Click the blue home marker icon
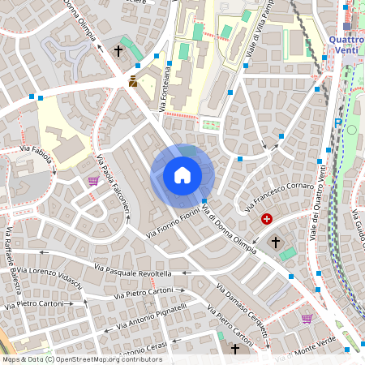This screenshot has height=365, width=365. pyautogui.click(x=182, y=174)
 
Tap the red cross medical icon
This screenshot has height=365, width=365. pyautogui.click(x=266, y=218)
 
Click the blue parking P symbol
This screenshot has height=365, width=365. pyautogui.click(x=337, y=122)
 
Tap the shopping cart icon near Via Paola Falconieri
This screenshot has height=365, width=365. pyautogui.click(x=93, y=180)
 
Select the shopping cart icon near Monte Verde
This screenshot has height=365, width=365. pyautogui.click(x=307, y=319)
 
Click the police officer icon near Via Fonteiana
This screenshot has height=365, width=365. pyautogui.click(x=133, y=81)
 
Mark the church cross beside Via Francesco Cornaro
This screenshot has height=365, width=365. pyautogui.click(x=275, y=243)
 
